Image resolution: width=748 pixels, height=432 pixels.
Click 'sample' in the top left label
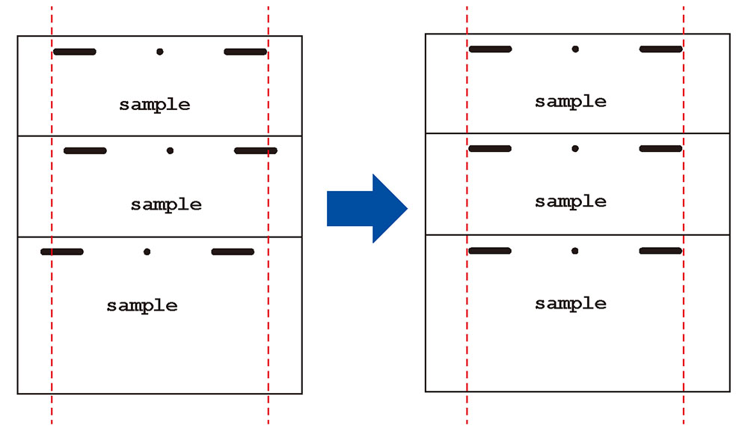tap(155, 105)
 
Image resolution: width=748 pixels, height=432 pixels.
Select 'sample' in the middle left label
tap(166, 204)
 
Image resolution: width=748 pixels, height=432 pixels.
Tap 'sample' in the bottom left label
tap(142, 305)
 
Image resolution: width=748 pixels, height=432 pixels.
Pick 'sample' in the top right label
tap(571, 102)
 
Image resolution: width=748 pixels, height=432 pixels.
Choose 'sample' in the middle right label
tap(571, 201)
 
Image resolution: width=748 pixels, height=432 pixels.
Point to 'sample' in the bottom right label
tap(571, 303)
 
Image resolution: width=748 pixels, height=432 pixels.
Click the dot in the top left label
tap(159, 52)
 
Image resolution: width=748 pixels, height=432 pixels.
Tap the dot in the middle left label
tap(170, 150)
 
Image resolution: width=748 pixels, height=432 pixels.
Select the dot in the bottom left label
tap(147, 252)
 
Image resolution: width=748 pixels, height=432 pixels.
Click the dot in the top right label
tap(575, 49)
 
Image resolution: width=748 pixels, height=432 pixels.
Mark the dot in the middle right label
tap(575, 148)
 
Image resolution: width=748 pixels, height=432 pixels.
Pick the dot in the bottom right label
tap(575, 251)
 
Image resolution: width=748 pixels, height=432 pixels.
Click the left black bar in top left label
tap(75, 52)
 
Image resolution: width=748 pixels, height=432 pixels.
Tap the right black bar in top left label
tap(245, 52)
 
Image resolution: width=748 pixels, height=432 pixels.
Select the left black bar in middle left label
tap(85, 150)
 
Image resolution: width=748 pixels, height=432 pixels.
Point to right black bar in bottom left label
tap(233, 252)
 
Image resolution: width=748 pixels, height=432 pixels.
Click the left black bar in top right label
tap(491, 49)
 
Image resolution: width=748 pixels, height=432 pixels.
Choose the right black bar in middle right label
tap(660, 148)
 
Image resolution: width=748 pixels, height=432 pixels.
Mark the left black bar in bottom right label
tap(490, 251)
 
